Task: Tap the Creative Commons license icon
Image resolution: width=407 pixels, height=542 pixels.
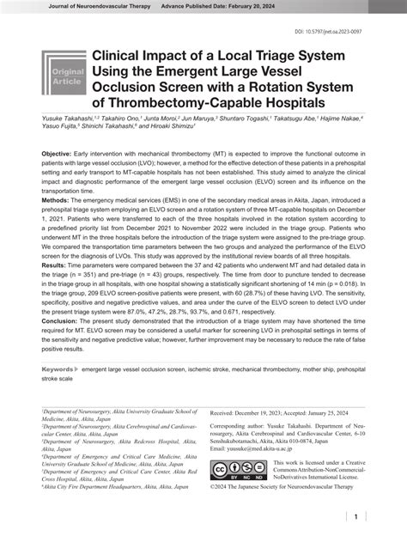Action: click(245, 471)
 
